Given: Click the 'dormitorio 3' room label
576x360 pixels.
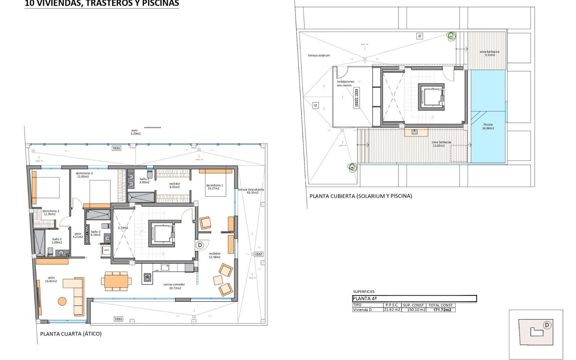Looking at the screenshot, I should [x=84, y=175].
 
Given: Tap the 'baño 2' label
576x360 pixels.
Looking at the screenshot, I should [x=57, y=241].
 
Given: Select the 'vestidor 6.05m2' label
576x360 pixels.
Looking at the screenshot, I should [x=174, y=185].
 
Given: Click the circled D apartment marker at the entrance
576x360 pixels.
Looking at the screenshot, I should [x=200, y=245].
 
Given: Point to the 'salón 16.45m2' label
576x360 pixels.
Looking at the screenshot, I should [x=51, y=280].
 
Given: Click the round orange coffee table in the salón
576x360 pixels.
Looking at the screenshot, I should [x=62, y=301].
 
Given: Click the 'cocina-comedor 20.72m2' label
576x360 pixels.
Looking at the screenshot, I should [x=174, y=286].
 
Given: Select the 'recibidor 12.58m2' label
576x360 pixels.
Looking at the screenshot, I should [x=214, y=255].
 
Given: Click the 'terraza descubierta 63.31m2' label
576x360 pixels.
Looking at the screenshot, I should [x=251, y=191].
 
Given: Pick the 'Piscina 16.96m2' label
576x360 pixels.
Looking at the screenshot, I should [x=488, y=126].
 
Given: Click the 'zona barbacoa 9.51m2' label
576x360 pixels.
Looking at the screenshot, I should [x=490, y=53].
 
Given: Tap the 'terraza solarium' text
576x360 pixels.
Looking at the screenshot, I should [x=319, y=55].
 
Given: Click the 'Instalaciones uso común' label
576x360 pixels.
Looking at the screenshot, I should [x=345, y=83].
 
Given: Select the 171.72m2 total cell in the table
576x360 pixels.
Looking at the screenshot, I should [x=442, y=310].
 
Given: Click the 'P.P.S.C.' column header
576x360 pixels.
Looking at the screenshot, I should [x=392, y=305].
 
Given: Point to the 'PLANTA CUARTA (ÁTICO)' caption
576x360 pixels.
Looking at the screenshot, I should [x=71, y=334].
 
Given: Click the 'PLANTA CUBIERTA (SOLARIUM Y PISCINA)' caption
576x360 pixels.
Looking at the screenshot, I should [x=361, y=196].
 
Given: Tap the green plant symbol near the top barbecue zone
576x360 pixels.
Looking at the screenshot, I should [x=451, y=36].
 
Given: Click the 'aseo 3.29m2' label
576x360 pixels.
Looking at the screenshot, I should [x=135, y=132].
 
